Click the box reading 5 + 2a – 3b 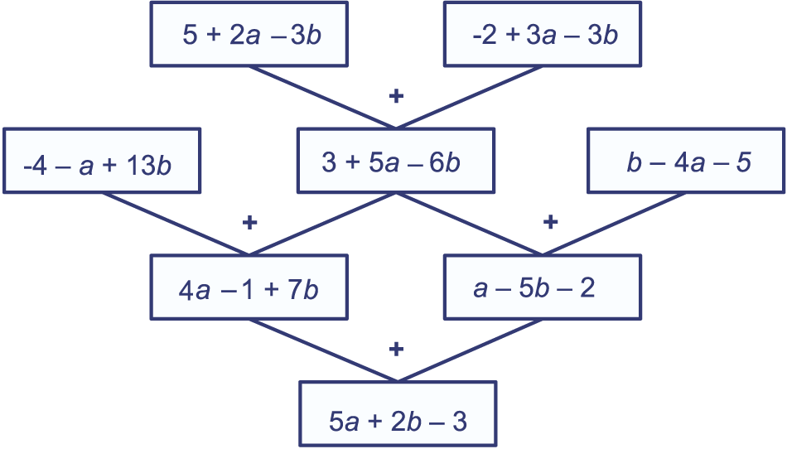(249, 34)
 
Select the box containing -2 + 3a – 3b (543, 34)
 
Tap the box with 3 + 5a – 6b (396, 161)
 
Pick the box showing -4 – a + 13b (102, 161)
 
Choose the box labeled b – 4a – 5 (686, 161)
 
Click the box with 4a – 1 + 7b (249, 287)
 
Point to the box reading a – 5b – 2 (543, 287)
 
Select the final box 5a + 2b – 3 (398, 414)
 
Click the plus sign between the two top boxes (397, 95)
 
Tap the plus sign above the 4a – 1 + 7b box (249, 222)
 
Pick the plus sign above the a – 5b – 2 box (551, 221)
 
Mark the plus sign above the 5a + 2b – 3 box (397, 349)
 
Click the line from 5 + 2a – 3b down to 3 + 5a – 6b (323, 97)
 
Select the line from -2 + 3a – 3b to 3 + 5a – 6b (469, 97)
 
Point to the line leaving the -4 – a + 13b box (176, 224)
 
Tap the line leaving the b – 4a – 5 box (615, 224)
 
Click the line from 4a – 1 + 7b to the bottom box (323, 350)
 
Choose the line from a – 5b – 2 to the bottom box (471, 350)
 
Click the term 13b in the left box (149, 165)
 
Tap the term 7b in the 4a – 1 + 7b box (303, 289)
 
